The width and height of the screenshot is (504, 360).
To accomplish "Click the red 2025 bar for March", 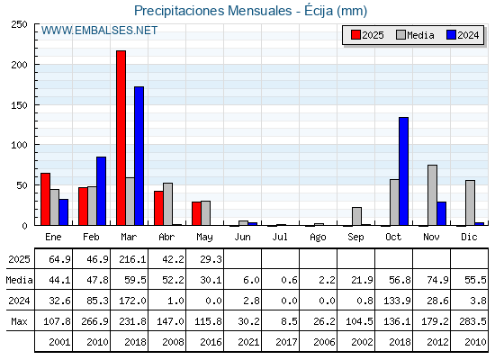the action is tap(121, 138).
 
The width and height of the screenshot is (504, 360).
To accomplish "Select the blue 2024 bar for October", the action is tap(404, 171).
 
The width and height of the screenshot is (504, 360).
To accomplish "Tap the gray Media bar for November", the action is tap(432, 195).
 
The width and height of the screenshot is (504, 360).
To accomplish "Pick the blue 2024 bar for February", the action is tap(101, 191).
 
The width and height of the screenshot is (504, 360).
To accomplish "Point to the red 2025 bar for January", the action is tap(45, 199).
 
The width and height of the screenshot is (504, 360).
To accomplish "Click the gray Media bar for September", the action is tap(356, 216).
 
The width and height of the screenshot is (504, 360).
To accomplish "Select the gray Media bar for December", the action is tap(470, 202).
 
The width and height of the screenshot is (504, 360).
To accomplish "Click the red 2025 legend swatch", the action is tap(355, 35).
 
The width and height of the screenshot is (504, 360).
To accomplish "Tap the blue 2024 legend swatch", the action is tap(451, 35).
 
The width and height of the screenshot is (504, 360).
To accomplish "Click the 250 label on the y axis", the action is tap(19, 24).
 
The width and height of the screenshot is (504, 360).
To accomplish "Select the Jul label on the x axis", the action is tap(280, 237).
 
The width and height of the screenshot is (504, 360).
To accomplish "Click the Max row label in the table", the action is tap(19, 321).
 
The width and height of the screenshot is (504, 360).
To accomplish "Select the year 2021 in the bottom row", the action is tap(248, 342).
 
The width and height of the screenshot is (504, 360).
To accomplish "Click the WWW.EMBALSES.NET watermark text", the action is tap(99, 31).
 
